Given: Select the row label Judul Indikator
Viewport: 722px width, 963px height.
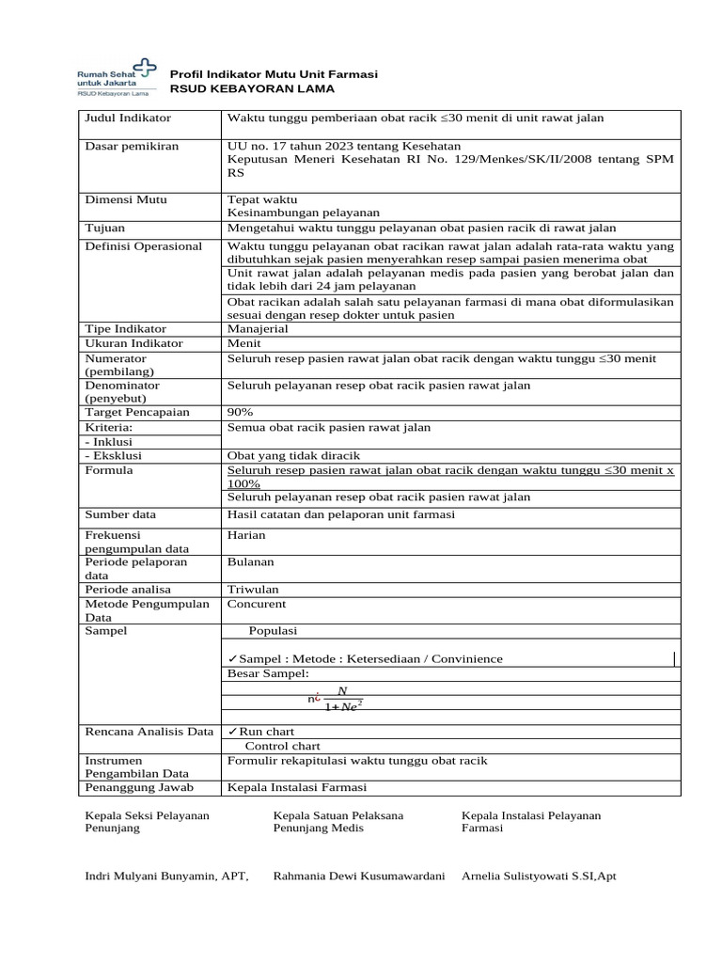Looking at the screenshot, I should click(x=128, y=118).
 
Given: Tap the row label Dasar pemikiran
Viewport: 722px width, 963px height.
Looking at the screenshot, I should click(x=132, y=146).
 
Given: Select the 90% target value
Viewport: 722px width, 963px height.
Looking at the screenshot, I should click(x=241, y=412).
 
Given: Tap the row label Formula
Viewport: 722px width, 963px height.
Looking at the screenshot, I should click(x=109, y=469).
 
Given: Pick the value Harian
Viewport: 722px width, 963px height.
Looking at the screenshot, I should click(x=247, y=535).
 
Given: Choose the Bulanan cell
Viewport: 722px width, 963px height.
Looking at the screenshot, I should click(x=250, y=561).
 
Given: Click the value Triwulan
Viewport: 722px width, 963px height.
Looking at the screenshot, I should click(x=253, y=589).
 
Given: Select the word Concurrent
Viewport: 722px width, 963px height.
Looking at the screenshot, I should click(x=257, y=604).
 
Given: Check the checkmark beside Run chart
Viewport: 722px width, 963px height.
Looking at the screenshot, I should click(x=232, y=731).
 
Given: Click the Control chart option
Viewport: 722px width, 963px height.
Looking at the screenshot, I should click(x=282, y=745).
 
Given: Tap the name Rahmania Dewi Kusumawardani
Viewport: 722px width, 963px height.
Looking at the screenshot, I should click(x=358, y=876).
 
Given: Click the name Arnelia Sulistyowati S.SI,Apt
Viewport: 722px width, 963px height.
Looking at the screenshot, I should click(x=539, y=876).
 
